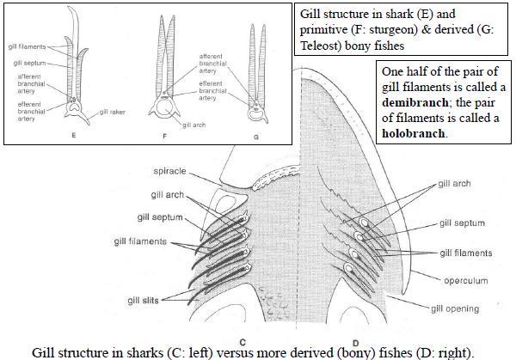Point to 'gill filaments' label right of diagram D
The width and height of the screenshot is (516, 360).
tap(465, 253)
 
